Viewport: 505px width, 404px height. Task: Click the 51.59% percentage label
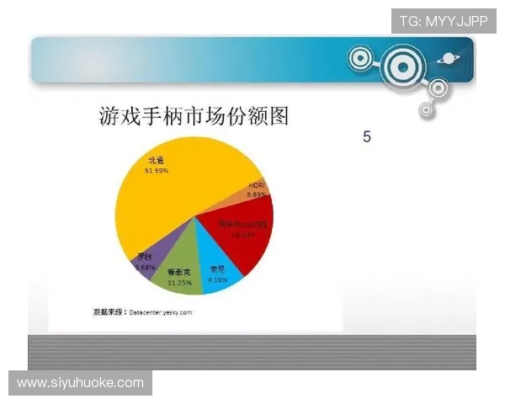point(156,171)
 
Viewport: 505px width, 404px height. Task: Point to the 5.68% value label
point(145,267)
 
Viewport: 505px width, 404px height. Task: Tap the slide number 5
point(367,136)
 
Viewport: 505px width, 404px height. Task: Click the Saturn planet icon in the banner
point(445,59)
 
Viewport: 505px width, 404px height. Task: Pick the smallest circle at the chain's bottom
point(427,109)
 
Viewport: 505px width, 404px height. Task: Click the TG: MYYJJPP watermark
point(444,20)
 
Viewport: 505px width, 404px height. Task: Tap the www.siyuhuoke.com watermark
point(81,383)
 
